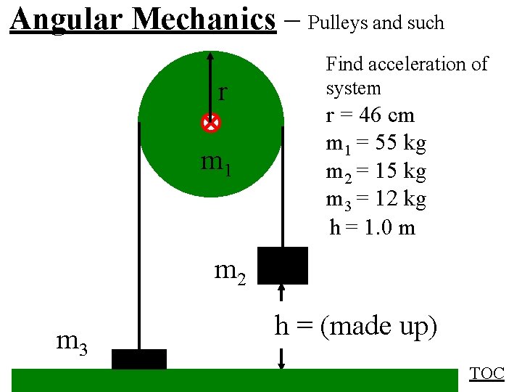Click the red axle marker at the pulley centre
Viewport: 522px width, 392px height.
tap(210, 124)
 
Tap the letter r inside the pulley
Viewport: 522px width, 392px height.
tap(223, 92)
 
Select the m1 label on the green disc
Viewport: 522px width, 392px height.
tap(217, 164)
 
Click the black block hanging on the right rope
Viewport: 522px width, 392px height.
tap(283, 265)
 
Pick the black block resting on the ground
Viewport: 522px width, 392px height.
tap(139, 359)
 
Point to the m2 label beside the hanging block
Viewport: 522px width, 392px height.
tap(231, 271)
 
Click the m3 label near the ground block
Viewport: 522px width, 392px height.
tap(72, 340)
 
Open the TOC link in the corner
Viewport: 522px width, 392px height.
tap(486, 373)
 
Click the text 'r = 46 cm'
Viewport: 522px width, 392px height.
tap(370, 115)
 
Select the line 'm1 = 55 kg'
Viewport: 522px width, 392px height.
tap(376, 144)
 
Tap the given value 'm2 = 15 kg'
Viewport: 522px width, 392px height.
tap(376, 172)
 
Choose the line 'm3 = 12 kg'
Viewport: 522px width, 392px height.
tap(376, 199)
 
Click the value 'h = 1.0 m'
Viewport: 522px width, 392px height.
tap(372, 227)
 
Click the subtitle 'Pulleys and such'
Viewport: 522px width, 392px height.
tap(376, 23)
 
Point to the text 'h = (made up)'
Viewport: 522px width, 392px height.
tap(356, 327)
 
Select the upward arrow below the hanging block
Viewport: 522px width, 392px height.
tap(282, 290)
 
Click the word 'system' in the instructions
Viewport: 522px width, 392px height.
tap(353, 89)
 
